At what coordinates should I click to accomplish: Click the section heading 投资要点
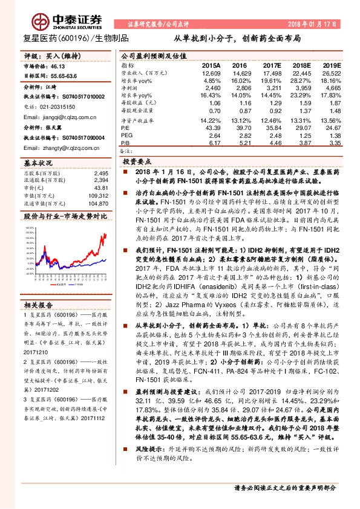[x=139, y=163]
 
